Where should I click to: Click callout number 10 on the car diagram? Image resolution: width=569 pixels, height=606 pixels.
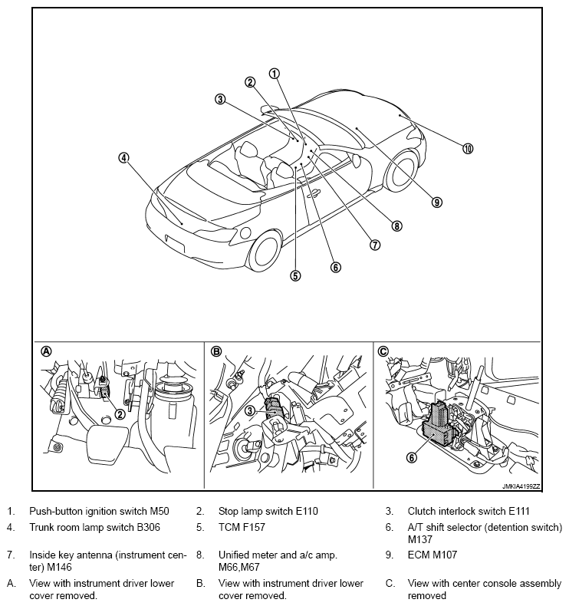(468, 149)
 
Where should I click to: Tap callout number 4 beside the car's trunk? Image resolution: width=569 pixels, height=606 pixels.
(123, 158)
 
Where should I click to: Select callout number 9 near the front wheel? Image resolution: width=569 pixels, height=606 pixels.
(436, 203)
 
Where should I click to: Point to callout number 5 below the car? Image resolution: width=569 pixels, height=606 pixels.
(295, 275)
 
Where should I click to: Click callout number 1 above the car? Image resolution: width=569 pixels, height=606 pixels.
(274, 74)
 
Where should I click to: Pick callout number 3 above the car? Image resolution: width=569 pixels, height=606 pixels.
(220, 99)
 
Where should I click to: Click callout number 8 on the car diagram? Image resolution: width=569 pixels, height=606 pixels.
(396, 226)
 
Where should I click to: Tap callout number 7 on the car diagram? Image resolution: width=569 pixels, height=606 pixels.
(375, 245)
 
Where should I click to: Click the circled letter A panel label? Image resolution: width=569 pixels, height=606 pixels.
(46, 351)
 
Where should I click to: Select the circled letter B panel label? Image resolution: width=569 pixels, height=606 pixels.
(216, 351)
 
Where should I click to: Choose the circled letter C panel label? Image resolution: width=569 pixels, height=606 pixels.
(383, 351)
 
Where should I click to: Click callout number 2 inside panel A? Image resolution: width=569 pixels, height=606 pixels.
(120, 414)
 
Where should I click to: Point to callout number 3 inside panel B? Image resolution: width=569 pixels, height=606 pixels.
(249, 411)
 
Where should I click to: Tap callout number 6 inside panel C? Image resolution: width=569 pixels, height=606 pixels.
(412, 457)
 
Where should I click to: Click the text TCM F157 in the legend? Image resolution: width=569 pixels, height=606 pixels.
(246, 528)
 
